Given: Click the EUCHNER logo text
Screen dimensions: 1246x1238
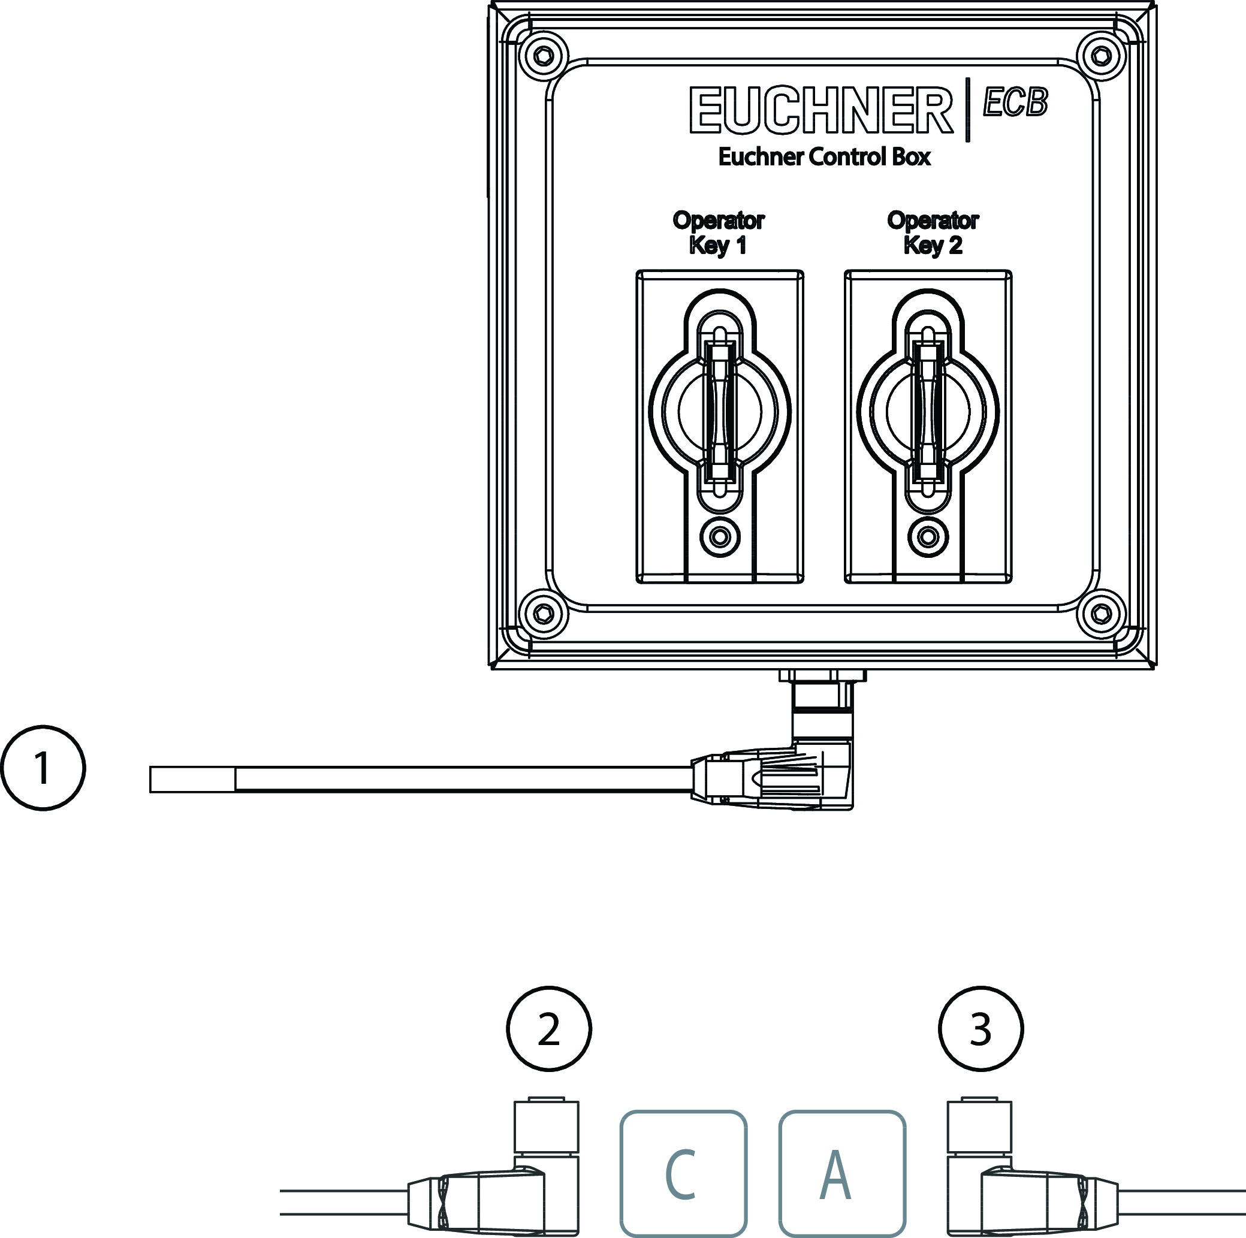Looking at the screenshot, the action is coord(821,110).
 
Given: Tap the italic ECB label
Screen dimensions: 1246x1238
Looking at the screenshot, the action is coord(1016,102).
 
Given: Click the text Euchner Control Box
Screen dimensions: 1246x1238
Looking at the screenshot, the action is coord(824,156).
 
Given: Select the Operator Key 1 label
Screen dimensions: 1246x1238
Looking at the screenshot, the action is coord(719,232).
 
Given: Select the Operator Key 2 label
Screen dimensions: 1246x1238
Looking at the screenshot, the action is coord(933,232).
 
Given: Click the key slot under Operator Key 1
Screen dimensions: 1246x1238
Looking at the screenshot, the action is coord(720,412).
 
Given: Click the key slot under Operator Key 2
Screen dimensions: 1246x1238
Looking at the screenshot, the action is coord(928,412).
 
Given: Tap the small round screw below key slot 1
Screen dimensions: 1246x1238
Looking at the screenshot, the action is coord(720,536).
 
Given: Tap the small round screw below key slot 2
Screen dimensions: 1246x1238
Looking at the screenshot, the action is coord(928,536).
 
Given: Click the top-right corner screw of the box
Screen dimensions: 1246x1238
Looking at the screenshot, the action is coord(1102,57).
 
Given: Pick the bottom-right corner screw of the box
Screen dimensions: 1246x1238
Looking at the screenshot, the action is coord(1102,614).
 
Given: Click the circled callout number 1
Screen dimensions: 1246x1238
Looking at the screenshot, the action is coord(43,768).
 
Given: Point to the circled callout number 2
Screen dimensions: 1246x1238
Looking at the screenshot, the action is coord(549,1029).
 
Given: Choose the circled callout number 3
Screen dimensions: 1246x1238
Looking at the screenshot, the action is coord(980,1029).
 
